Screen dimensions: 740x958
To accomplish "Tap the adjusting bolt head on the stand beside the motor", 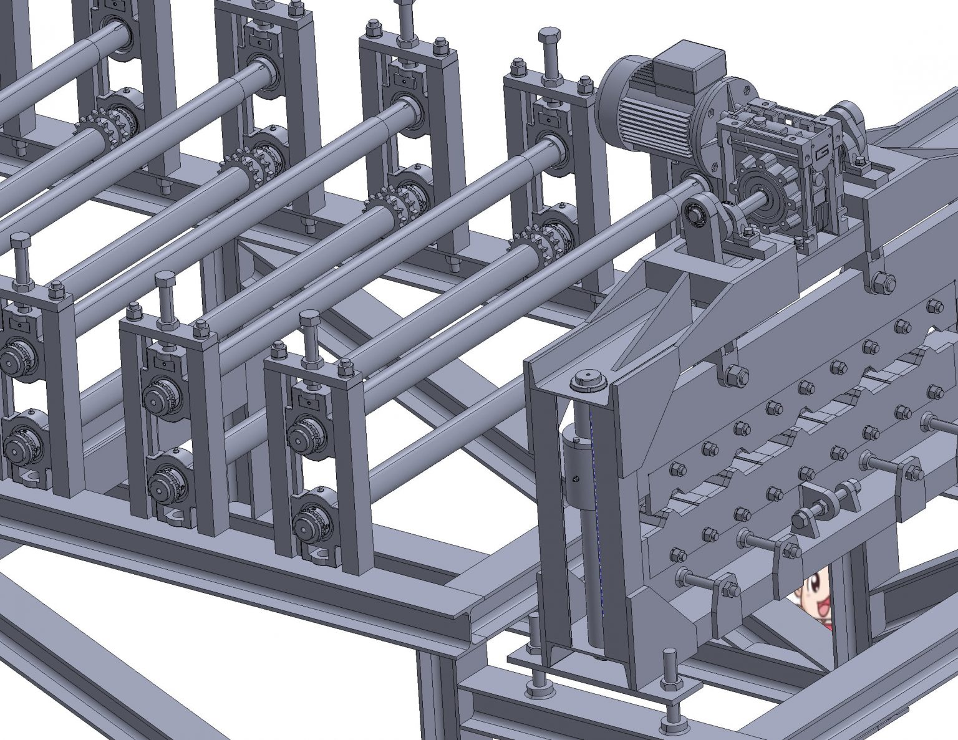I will tap(549, 37).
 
